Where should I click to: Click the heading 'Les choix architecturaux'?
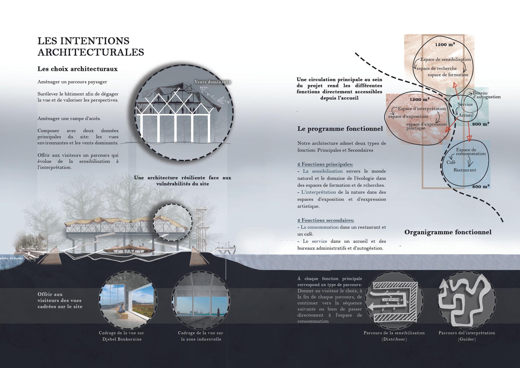click(78, 69)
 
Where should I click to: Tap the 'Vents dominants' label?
click(212, 82)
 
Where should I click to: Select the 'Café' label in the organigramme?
click(451, 163)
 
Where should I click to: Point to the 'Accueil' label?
click(466, 115)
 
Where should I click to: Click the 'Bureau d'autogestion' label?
click(486, 95)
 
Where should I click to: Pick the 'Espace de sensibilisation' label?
click(446, 59)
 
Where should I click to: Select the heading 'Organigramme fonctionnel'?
click(448, 232)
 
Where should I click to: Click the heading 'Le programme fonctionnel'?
click(340, 129)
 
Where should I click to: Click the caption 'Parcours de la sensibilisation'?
click(394, 333)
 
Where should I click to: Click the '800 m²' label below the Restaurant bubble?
click(481, 187)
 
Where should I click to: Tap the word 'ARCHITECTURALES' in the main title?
click(91, 52)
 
